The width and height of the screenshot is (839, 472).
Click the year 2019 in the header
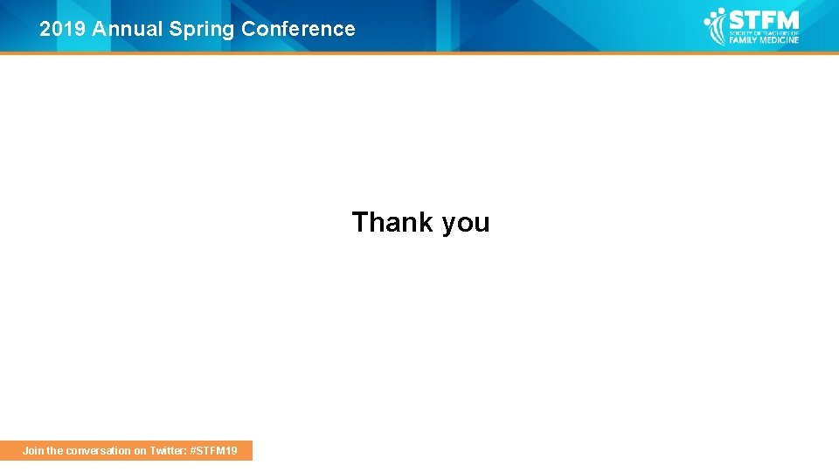(x=63, y=29)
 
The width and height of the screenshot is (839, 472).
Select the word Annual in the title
(x=128, y=29)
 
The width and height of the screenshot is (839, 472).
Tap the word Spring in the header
(x=202, y=30)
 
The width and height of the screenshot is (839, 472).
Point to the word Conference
(x=298, y=29)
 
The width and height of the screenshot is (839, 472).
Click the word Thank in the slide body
(x=392, y=222)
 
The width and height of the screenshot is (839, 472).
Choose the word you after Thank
(x=466, y=224)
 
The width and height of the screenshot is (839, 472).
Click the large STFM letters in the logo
(x=763, y=19)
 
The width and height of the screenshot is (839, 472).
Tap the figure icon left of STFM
(x=716, y=25)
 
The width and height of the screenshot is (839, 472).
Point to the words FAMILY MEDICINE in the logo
(x=764, y=39)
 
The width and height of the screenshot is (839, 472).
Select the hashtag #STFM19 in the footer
(x=213, y=451)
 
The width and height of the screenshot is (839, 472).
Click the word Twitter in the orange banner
(x=167, y=451)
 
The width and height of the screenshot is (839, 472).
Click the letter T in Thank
(x=359, y=222)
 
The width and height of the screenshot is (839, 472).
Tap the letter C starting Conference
(x=248, y=29)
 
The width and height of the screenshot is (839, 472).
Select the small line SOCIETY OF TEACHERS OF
(x=764, y=32)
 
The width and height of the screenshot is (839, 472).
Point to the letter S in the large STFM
(x=737, y=19)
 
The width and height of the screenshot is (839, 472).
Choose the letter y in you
(x=449, y=225)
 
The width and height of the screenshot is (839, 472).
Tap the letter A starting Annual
(x=99, y=29)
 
